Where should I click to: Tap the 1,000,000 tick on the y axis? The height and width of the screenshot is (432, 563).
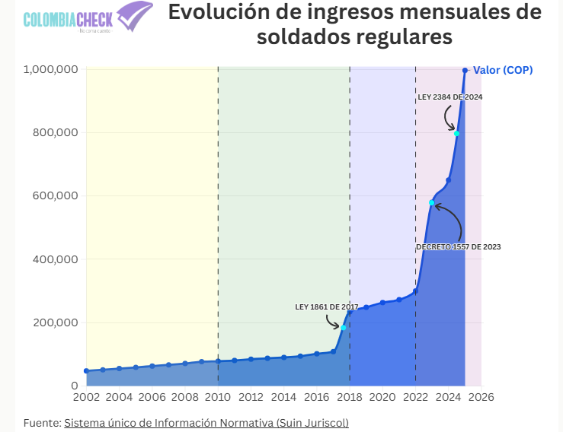(x=51, y=69)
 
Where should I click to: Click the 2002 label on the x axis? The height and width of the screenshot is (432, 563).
(x=86, y=397)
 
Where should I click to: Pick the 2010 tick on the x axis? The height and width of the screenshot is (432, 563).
(x=218, y=397)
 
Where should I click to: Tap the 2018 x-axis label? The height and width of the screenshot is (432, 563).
(x=350, y=397)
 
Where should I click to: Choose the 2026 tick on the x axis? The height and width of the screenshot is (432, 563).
(x=481, y=397)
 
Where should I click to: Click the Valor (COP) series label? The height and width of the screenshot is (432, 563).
(x=503, y=70)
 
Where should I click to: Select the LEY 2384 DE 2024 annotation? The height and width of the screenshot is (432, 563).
(x=450, y=97)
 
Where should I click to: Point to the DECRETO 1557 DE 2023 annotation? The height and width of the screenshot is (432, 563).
(x=458, y=247)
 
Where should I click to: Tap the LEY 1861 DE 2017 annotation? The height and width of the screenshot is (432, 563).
(x=327, y=307)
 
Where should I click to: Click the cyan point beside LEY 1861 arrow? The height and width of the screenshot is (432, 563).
(x=344, y=328)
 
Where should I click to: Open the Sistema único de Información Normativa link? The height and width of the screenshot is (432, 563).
(x=206, y=422)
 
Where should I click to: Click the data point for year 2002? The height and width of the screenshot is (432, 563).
(x=86, y=371)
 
